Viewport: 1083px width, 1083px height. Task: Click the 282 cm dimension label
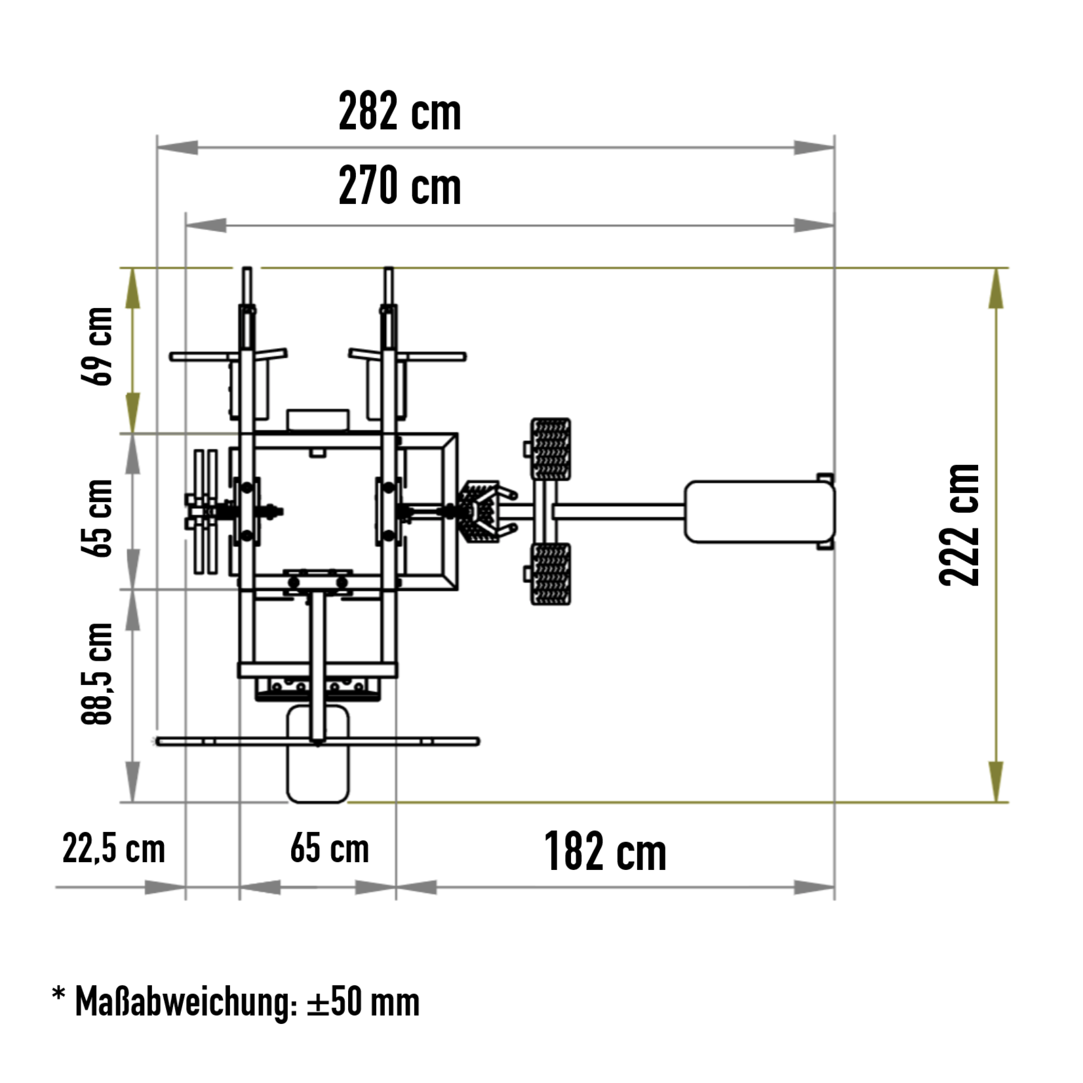pos(399,112)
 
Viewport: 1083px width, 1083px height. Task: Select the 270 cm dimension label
pos(399,186)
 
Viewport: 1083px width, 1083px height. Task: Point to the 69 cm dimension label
pos(97,346)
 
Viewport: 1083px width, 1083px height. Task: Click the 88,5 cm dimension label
pos(97,673)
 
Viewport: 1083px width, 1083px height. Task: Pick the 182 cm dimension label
pos(605,852)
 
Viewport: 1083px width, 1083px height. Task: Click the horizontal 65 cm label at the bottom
pos(330,848)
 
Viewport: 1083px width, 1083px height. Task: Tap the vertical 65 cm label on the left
pos(97,518)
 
